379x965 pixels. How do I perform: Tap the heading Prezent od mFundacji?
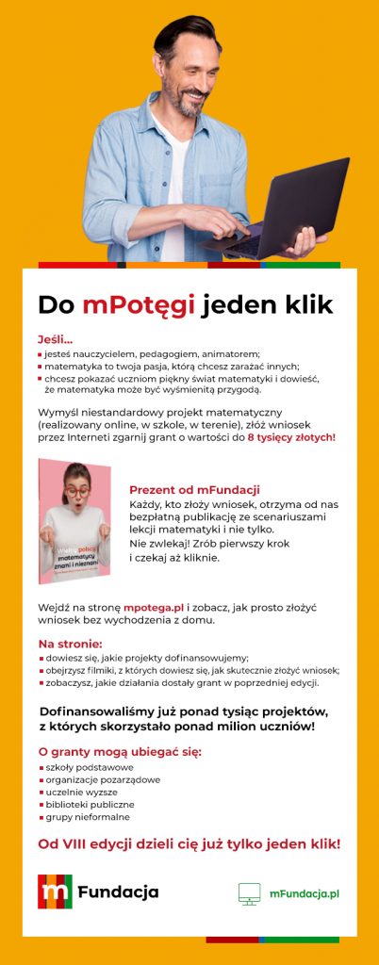pyautogui.click(x=194, y=490)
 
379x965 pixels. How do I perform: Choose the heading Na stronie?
pyautogui.click(x=70, y=644)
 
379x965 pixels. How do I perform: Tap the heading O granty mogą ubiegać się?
pyautogui.click(x=120, y=751)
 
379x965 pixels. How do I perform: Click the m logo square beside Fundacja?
pyautogui.click(x=55, y=891)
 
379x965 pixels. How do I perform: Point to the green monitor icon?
pyautogui.click(x=250, y=892)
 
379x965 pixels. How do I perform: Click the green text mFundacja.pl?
pyautogui.click(x=303, y=892)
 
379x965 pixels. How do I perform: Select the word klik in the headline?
pyautogui.click(x=303, y=304)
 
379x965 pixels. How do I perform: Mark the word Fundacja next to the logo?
pyautogui.click(x=118, y=891)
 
